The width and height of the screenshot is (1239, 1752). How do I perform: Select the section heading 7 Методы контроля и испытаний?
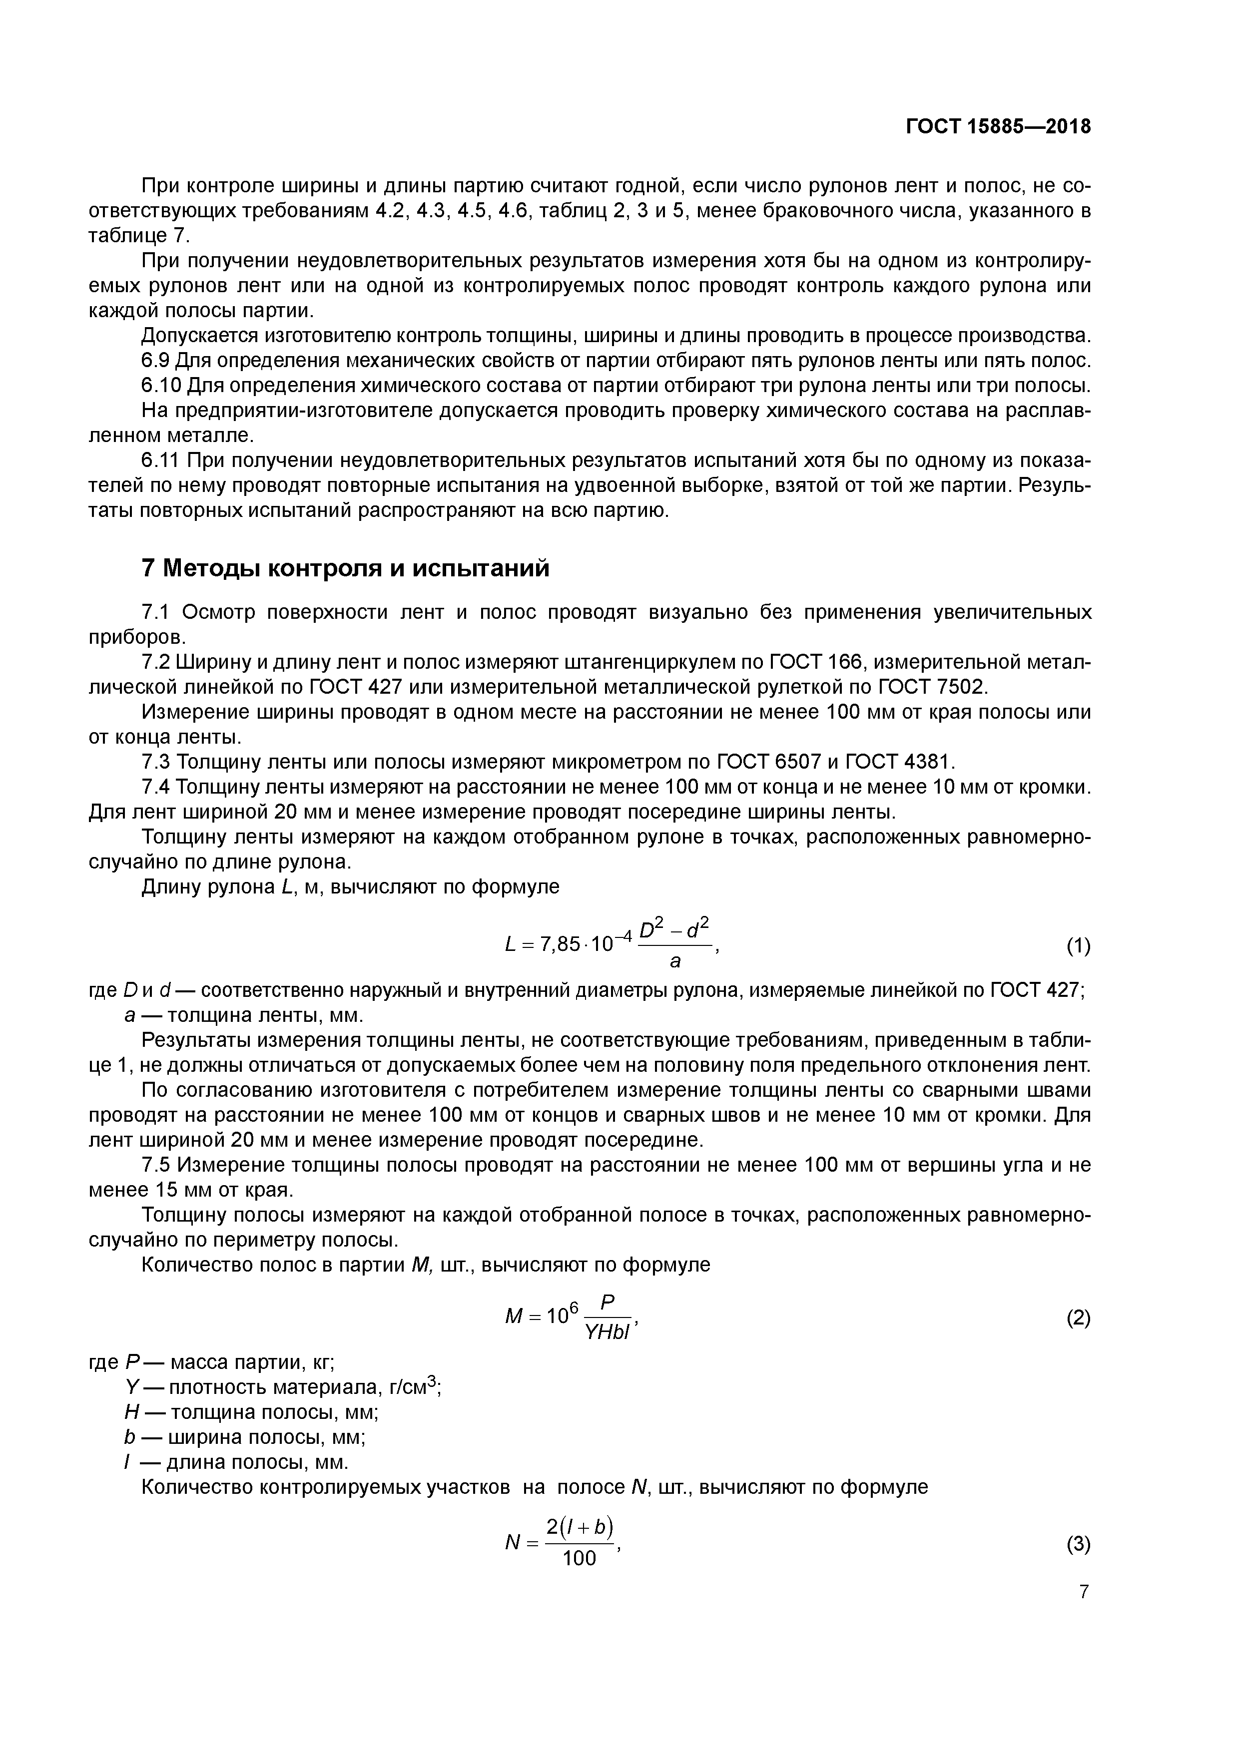click(345, 568)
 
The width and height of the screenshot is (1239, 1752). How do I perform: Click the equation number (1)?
click(1078, 947)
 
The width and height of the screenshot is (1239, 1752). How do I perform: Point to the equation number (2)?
click(1078, 1318)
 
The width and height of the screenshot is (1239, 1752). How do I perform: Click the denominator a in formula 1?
click(675, 962)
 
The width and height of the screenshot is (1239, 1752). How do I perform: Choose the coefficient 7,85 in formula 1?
click(560, 945)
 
